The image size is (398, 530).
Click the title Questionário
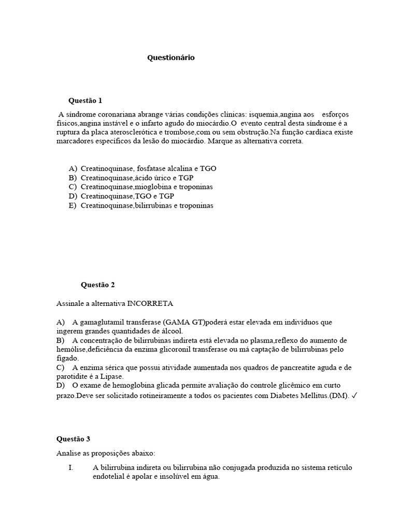click(x=171, y=58)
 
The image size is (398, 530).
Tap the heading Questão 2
click(x=98, y=285)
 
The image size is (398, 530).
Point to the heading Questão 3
click(x=73, y=439)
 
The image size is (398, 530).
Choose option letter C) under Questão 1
click(x=73, y=187)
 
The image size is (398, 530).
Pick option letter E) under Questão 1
click(x=73, y=205)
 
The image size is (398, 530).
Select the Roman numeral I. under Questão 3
click(x=70, y=468)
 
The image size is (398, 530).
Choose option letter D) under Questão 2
click(x=61, y=386)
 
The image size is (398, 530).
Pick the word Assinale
click(x=71, y=303)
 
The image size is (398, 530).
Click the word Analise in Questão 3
click(x=69, y=453)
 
